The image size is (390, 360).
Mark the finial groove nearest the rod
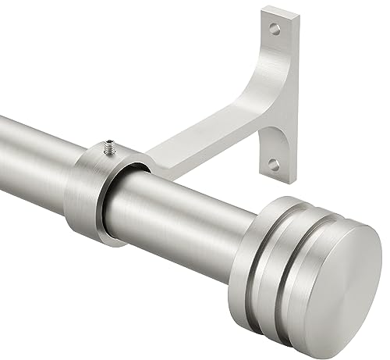pos(280,234)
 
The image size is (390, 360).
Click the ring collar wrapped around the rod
pos(90,191)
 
